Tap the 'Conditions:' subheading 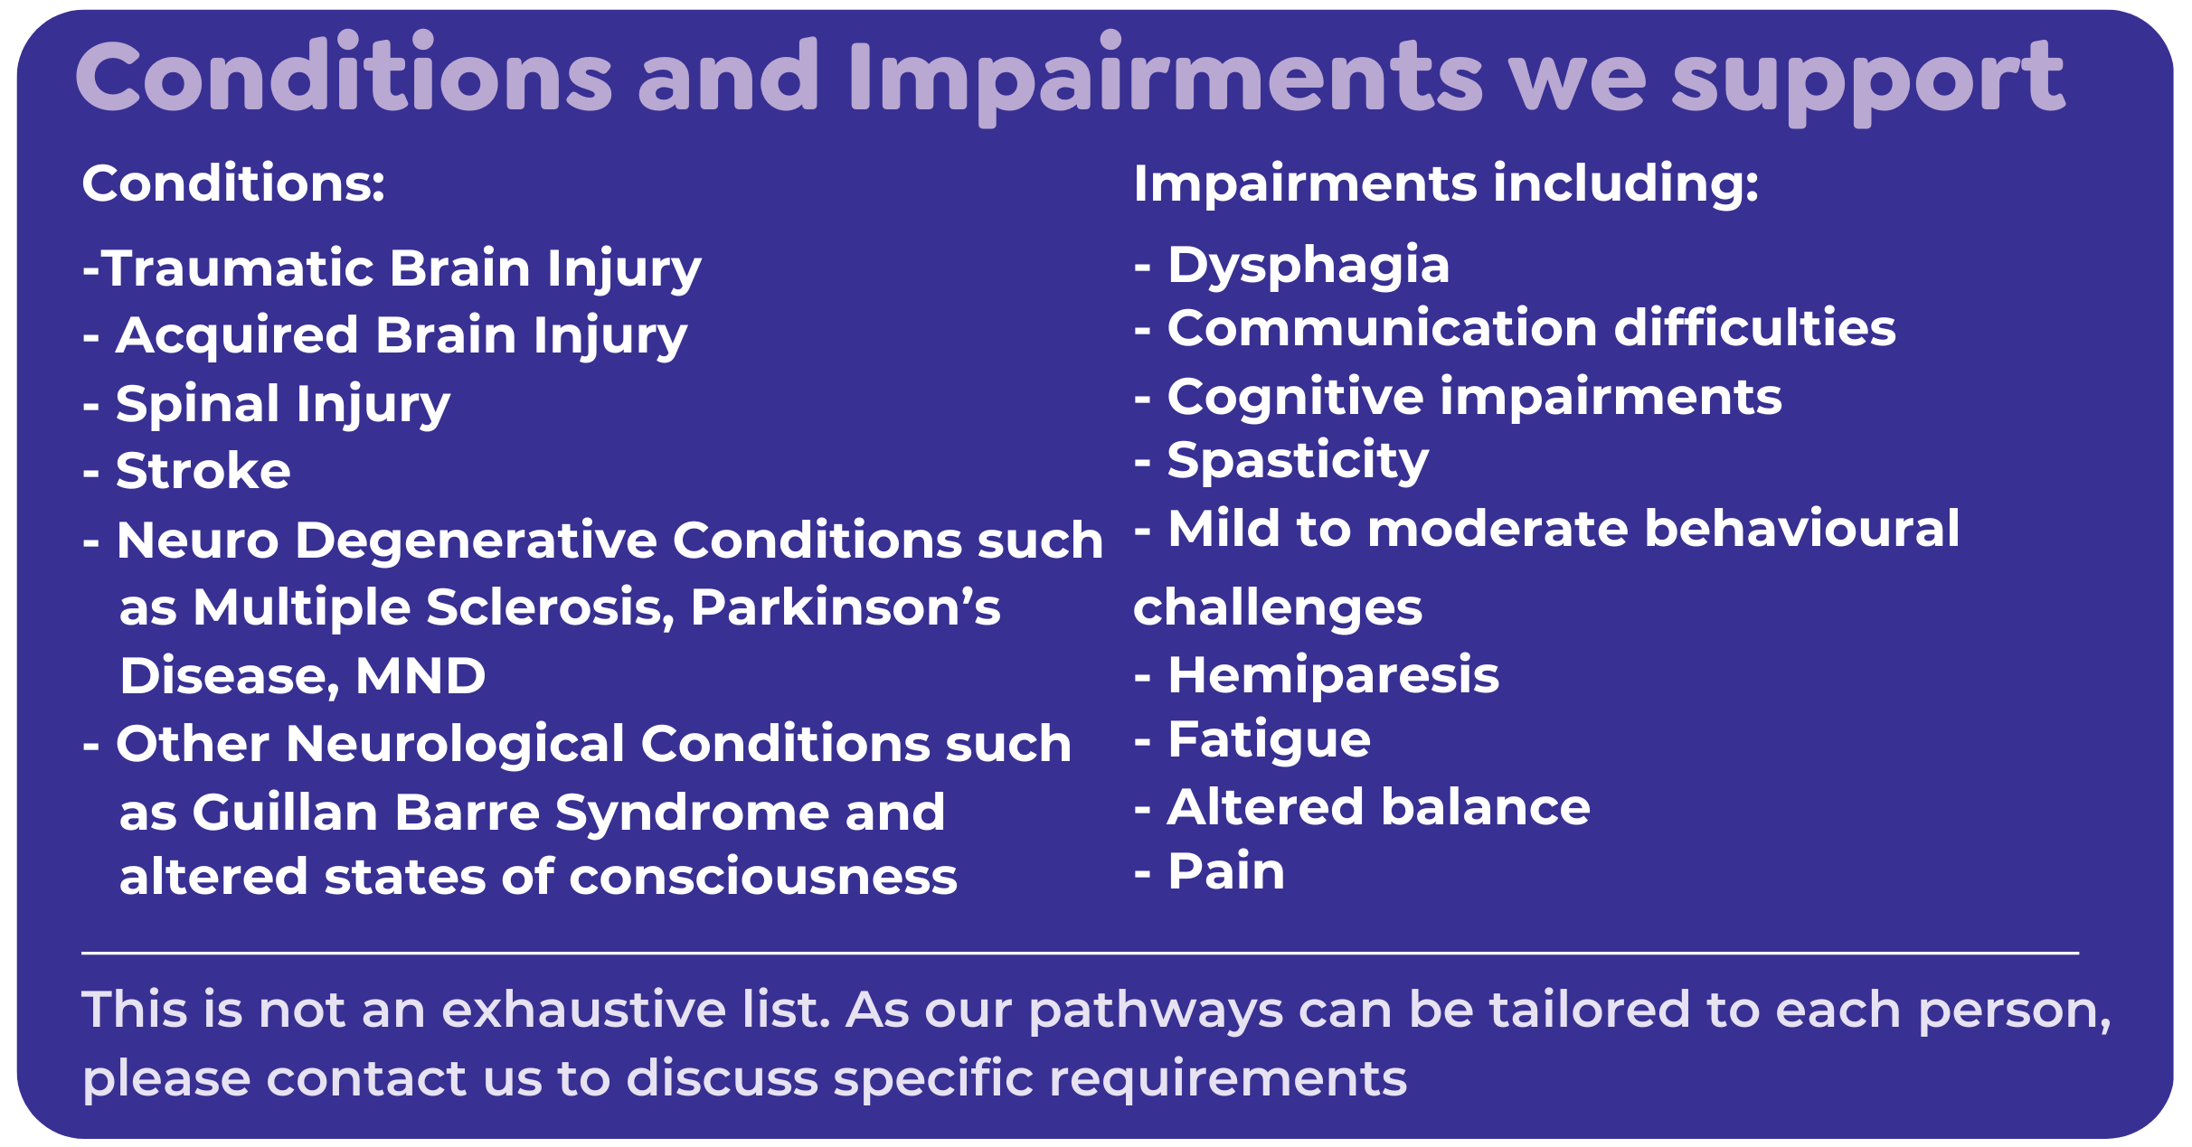(233, 183)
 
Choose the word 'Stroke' (203, 471)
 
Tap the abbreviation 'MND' (420, 675)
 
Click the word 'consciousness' (763, 878)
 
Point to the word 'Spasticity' (1298, 462)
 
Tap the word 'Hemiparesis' (1333, 676)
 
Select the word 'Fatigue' (1269, 741)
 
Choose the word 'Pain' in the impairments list (1226, 871)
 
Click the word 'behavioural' (1801, 529)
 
